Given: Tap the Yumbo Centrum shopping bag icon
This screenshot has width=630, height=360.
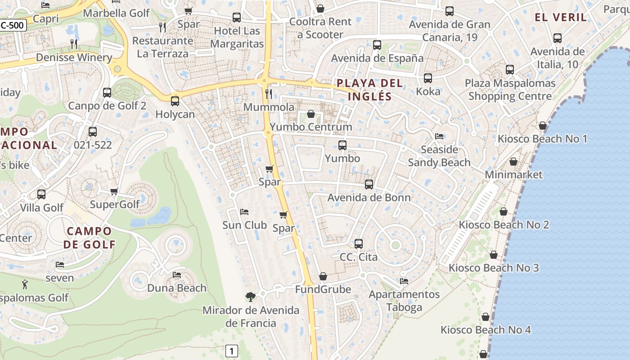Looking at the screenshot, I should point(310,114).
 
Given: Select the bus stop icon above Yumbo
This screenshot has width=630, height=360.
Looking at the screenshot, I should point(342,145).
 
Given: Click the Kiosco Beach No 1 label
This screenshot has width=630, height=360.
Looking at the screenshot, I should point(542,139).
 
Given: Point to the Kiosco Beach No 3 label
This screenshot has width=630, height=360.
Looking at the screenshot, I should point(494,268).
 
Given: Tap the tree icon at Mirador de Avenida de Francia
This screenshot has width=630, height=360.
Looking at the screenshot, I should point(251,297).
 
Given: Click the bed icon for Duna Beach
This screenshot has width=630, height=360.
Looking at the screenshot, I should point(177,274).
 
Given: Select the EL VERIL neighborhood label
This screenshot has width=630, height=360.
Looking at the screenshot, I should point(561,18).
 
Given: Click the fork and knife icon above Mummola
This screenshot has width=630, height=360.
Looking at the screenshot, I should point(269,94).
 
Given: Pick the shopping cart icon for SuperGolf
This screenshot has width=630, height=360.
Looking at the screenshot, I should point(114,192).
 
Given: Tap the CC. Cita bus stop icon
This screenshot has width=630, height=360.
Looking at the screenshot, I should point(358,244).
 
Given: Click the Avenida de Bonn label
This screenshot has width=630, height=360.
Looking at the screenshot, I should point(369,198).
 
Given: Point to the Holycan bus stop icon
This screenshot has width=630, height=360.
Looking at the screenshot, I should point(175,101).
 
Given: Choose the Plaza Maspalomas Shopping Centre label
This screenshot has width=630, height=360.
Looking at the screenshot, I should point(510,90).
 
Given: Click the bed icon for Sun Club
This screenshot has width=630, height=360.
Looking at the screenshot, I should point(244,211).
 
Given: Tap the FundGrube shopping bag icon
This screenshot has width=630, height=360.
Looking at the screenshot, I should point(323,276).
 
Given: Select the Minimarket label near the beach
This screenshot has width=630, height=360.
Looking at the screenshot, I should point(513,175).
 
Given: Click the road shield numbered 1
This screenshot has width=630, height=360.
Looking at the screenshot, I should point(231,351).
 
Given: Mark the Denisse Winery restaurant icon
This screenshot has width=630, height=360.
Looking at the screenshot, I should point(74,44).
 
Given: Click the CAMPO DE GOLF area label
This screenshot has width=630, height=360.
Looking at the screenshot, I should point(89,238).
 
